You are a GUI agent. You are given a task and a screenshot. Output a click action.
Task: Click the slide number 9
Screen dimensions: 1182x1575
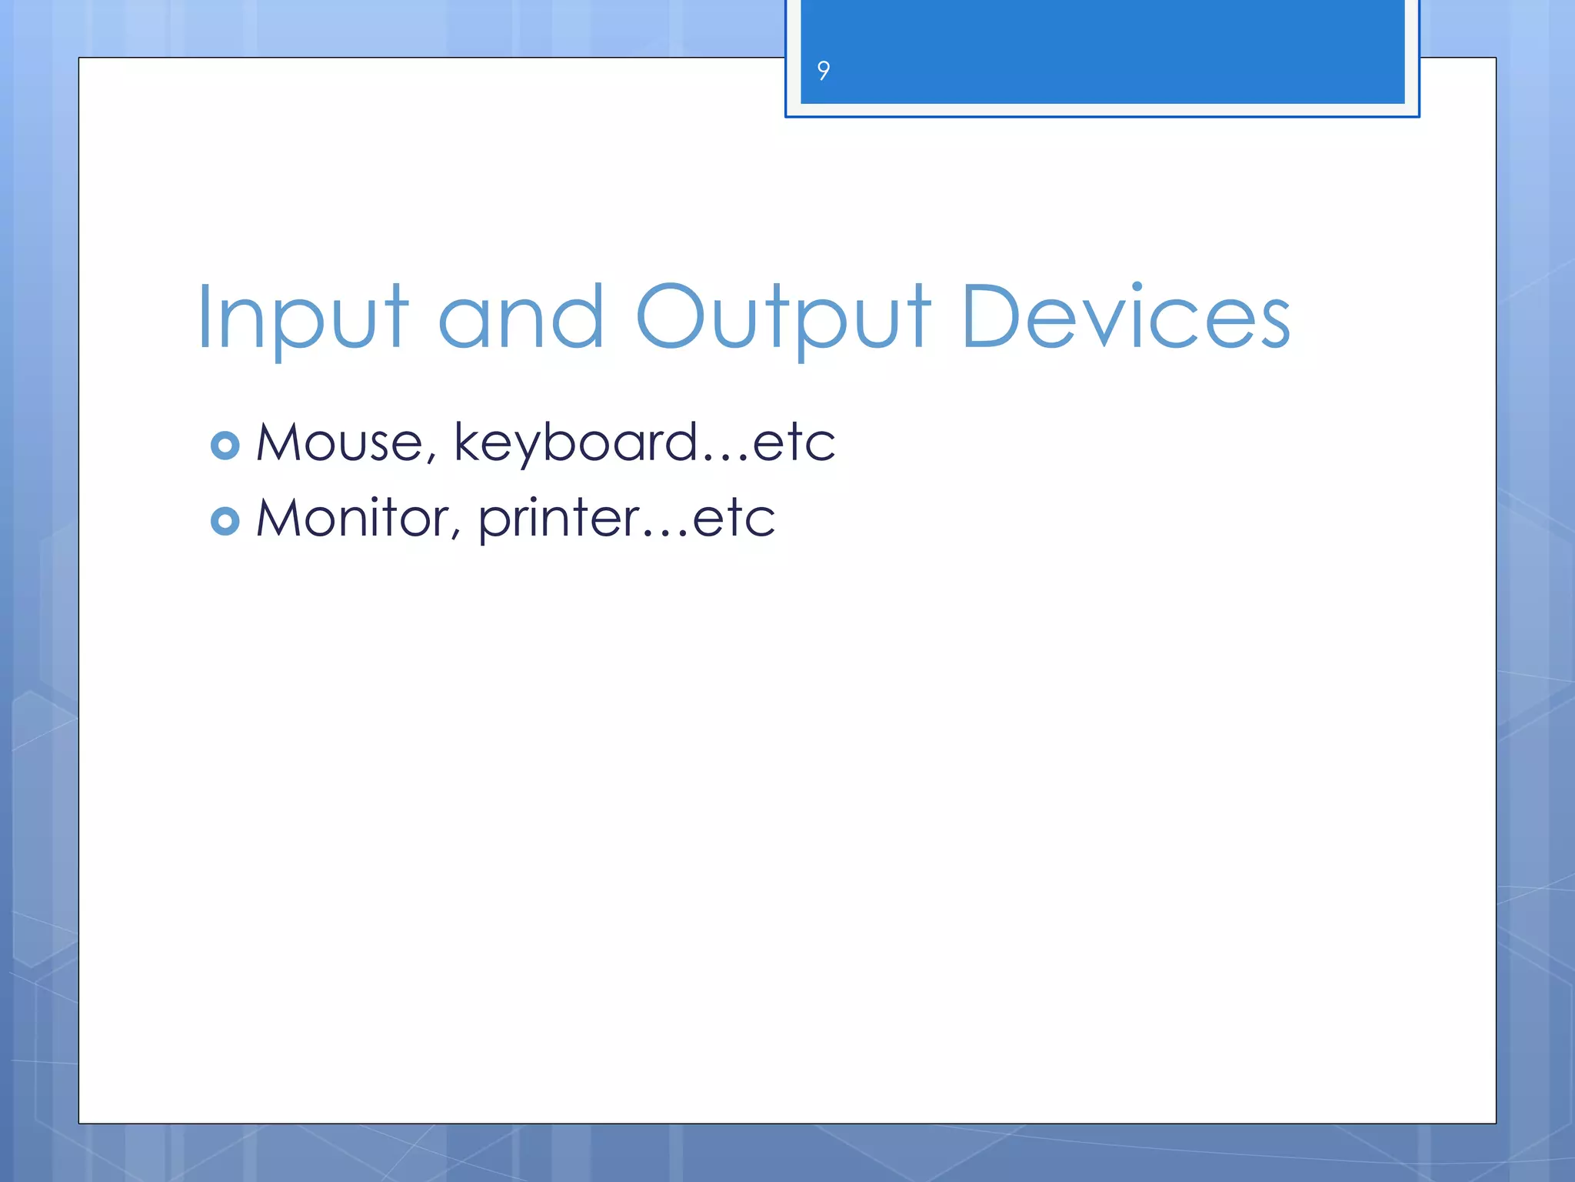[x=823, y=71]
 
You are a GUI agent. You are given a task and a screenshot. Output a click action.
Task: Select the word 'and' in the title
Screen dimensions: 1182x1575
[x=521, y=317]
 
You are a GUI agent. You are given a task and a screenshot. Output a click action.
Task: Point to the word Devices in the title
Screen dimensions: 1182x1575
[x=1125, y=317]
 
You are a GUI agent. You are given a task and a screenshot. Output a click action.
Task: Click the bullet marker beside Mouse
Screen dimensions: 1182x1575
[x=225, y=446]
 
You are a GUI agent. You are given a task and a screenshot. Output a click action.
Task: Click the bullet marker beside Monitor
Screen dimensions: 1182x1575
[x=225, y=521]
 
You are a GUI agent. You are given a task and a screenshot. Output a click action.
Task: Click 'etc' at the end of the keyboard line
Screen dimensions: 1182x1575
[x=794, y=444]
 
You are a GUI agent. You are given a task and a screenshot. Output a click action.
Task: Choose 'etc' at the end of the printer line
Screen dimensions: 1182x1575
[x=734, y=519]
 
